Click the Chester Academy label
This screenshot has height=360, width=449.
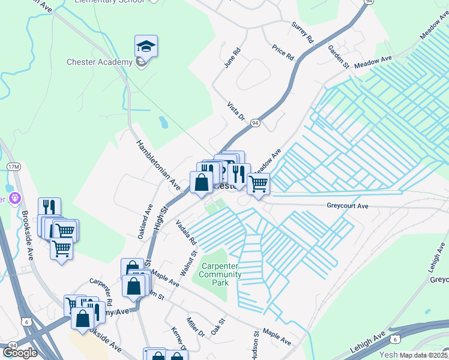click(x=100, y=62)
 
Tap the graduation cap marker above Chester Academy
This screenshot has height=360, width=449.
click(x=145, y=46)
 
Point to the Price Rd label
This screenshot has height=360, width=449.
click(x=283, y=52)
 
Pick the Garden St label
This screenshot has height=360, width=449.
click(x=337, y=57)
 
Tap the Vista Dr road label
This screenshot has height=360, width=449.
click(x=237, y=112)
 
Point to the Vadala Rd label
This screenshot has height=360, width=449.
click(x=187, y=232)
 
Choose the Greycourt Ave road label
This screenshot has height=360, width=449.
click(x=347, y=205)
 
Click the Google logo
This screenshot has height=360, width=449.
click(x=19, y=353)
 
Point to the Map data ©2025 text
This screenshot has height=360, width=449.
click(x=423, y=355)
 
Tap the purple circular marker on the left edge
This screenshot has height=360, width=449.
click(x=14, y=197)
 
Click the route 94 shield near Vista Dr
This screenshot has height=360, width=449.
click(x=256, y=122)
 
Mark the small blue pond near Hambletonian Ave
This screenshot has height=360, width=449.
click(x=163, y=122)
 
